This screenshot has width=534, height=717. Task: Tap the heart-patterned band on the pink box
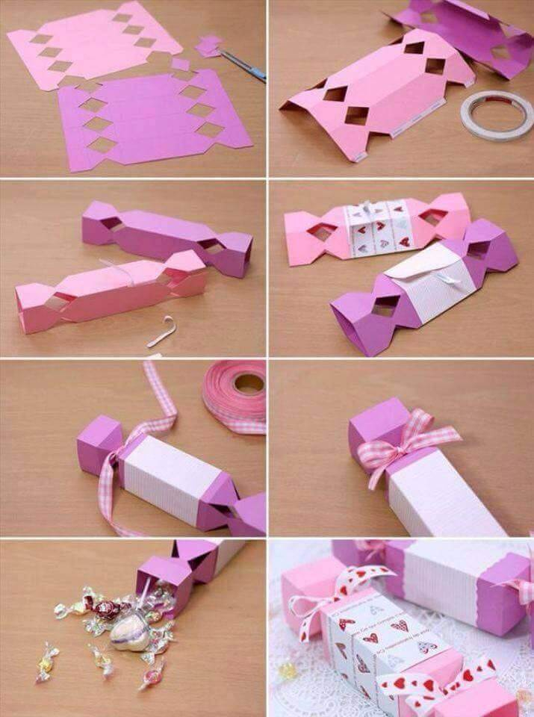377,228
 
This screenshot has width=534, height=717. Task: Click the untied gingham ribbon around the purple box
112,478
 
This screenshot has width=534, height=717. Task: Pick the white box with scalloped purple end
456,583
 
